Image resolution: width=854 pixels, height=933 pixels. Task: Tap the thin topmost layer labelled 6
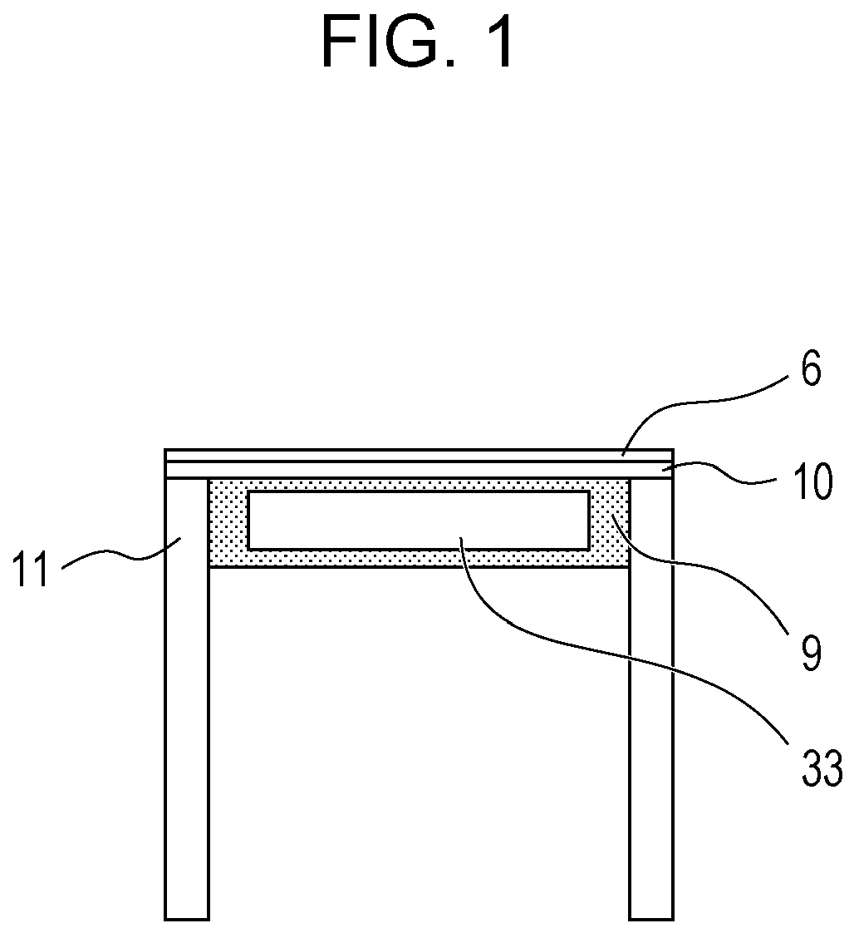415,455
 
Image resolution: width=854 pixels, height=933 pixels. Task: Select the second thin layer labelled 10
415,470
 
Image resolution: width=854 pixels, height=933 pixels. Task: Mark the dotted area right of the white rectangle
609,522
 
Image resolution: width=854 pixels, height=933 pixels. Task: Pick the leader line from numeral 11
116,555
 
